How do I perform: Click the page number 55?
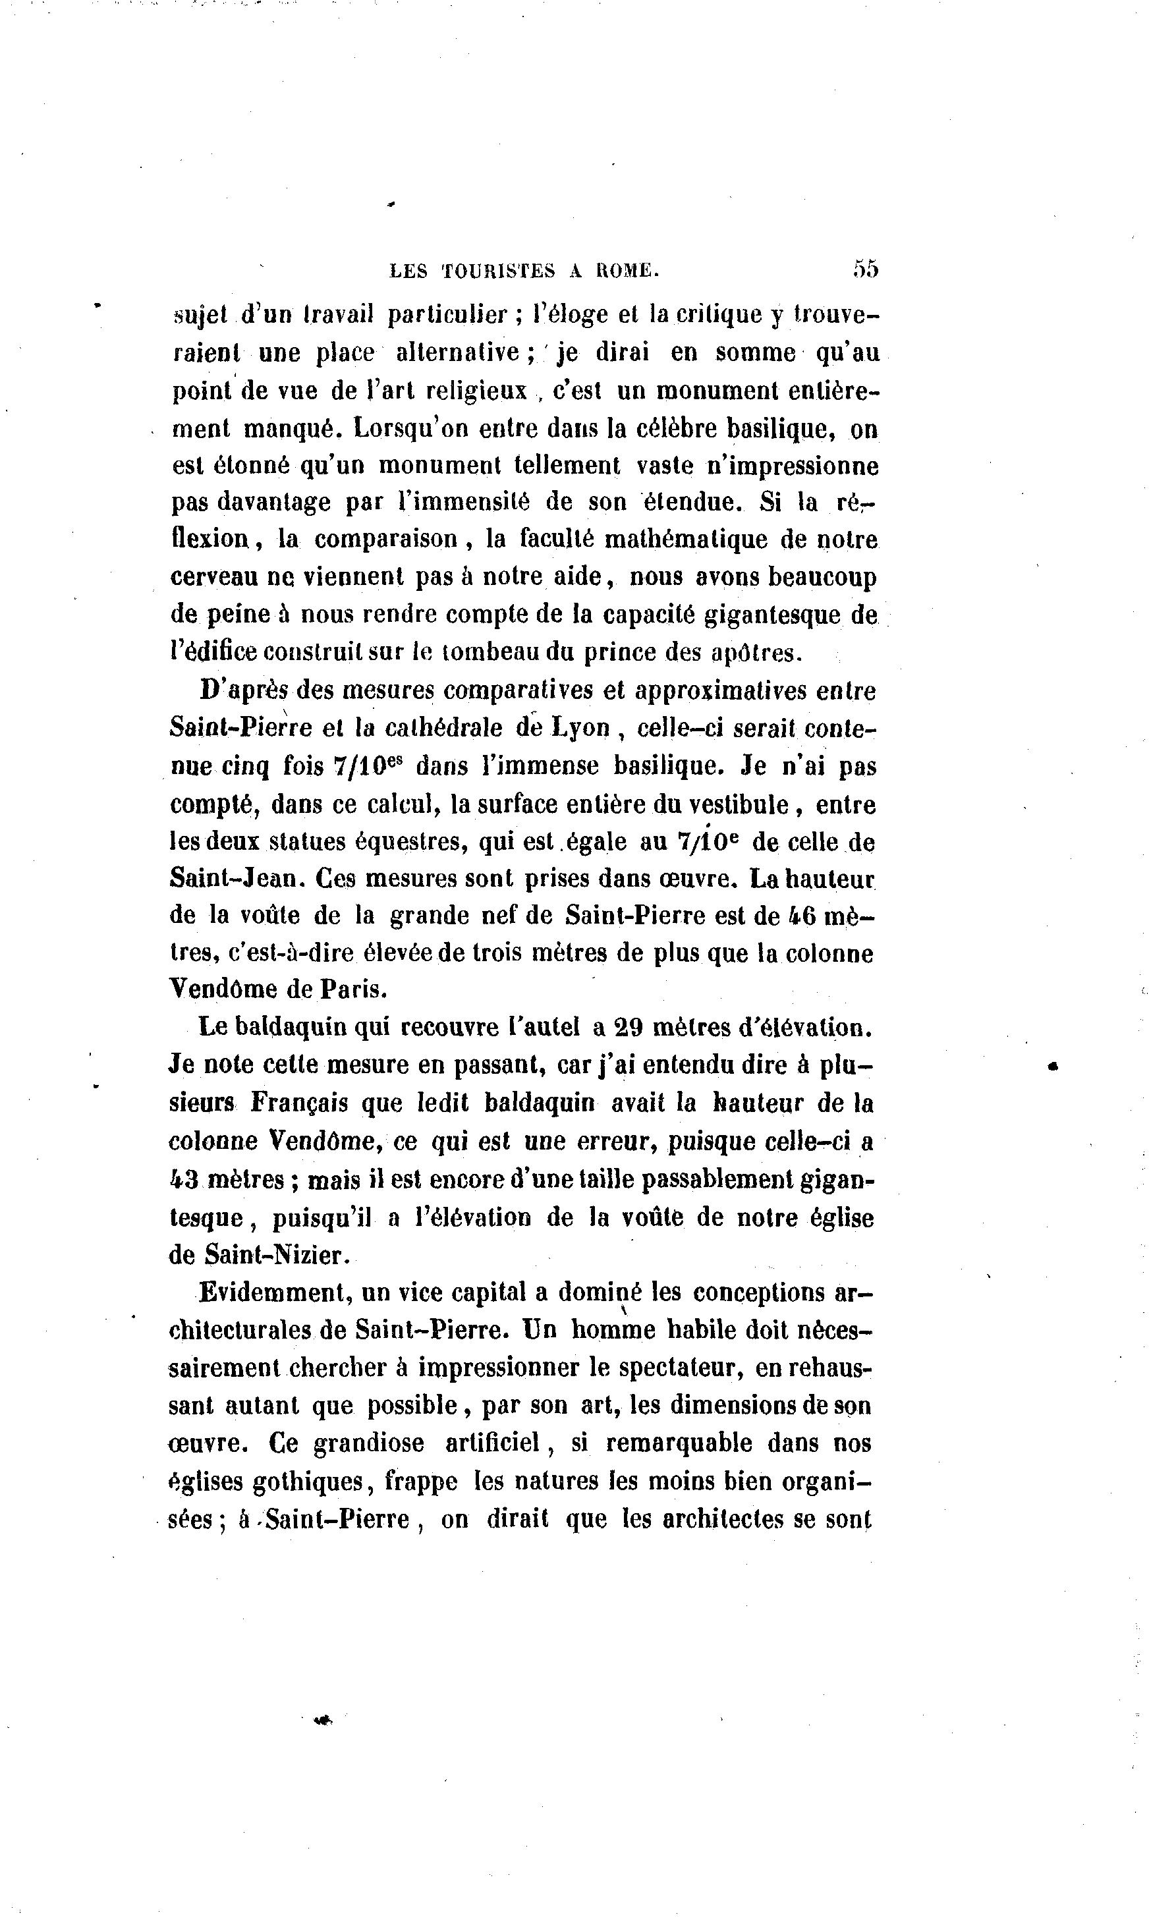click(x=866, y=269)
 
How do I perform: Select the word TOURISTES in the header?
click(x=499, y=270)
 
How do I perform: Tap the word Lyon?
click(x=580, y=728)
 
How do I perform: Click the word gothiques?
click(x=310, y=1482)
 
